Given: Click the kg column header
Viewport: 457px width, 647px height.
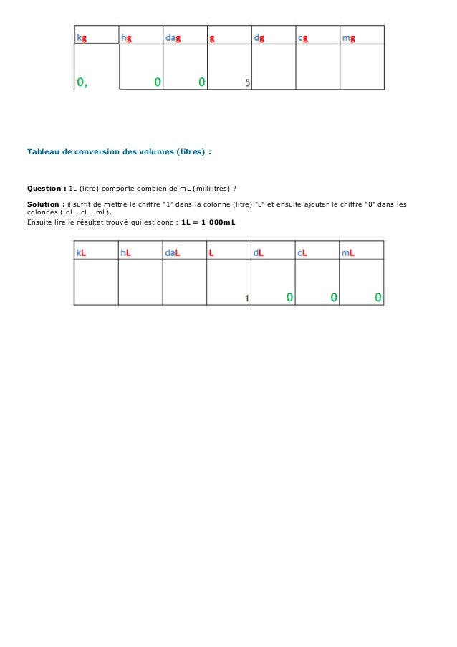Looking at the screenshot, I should (84, 37).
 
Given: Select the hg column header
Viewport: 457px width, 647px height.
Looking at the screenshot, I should (127, 37).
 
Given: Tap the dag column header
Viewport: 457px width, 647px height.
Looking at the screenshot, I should (173, 37).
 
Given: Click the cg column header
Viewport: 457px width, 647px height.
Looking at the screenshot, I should (304, 37).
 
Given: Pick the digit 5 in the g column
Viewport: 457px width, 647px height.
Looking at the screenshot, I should (247, 83).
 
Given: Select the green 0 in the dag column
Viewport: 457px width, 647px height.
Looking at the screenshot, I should (202, 82).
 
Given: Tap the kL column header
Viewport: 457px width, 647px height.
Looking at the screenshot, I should (82, 252).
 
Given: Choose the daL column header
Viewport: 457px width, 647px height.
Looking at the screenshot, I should (172, 252).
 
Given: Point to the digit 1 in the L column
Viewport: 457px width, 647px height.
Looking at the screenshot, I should (246, 298).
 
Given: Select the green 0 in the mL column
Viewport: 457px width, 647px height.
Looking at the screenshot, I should (377, 297).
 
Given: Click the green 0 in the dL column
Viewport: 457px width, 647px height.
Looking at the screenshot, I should (289, 297).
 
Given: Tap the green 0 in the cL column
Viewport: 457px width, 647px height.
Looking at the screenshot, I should (334, 297).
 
